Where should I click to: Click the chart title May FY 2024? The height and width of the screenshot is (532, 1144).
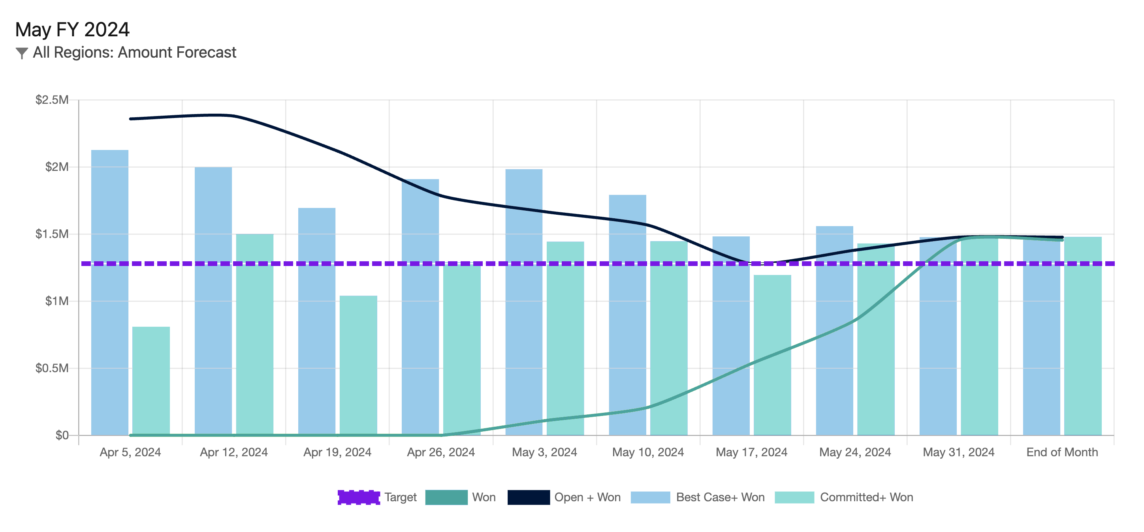[72, 30]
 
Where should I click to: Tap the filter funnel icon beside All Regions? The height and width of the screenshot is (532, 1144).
[21, 53]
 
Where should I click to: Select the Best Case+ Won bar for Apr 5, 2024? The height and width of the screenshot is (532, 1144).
[110, 293]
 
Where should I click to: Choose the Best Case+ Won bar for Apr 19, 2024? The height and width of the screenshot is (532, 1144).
[317, 322]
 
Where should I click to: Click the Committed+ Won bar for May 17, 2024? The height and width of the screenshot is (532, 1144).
[772, 355]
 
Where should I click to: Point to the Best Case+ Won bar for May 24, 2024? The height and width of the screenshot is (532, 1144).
[834, 331]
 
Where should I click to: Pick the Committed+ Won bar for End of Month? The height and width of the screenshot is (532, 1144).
[1083, 336]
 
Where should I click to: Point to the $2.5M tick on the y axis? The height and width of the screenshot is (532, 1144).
[52, 100]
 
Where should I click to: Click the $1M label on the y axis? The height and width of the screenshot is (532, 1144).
[57, 301]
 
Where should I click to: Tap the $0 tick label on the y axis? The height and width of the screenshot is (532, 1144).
[62, 435]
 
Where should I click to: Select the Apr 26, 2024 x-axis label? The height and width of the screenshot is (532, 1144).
[440, 452]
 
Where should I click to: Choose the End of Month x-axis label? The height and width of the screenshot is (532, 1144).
[1062, 452]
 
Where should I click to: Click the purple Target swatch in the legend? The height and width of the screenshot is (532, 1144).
[358, 497]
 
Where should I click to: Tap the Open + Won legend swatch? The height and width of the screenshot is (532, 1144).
[529, 497]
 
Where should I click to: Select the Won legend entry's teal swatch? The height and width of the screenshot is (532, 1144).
[446, 497]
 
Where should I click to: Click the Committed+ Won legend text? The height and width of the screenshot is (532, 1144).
[866, 497]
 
